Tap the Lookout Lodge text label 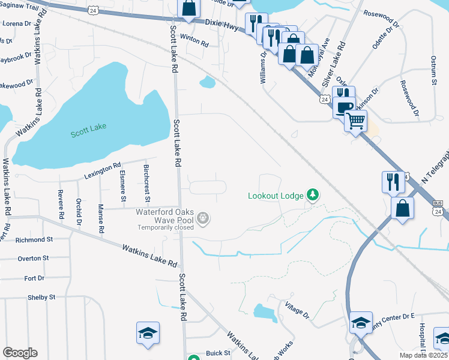click(x=276, y=195)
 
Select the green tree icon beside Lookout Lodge click(x=312, y=194)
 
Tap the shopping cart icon click(x=356, y=121)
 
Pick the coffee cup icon click(x=344, y=107)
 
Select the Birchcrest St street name click(x=147, y=182)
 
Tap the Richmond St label click(x=34, y=239)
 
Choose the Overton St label click(x=32, y=259)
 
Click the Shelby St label click(x=41, y=297)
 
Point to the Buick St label click(x=218, y=353)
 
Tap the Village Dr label click(x=297, y=310)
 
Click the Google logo click(x=20, y=353)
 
